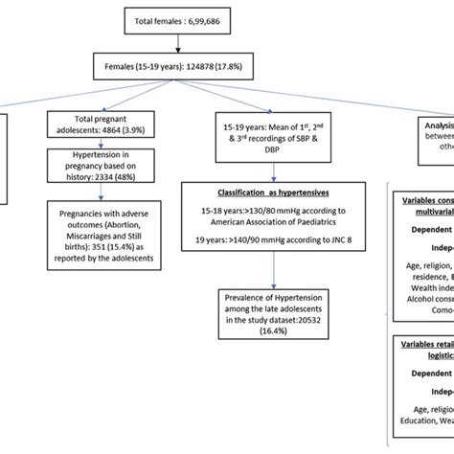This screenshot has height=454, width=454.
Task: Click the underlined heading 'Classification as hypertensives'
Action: click(x=272, y=193)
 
